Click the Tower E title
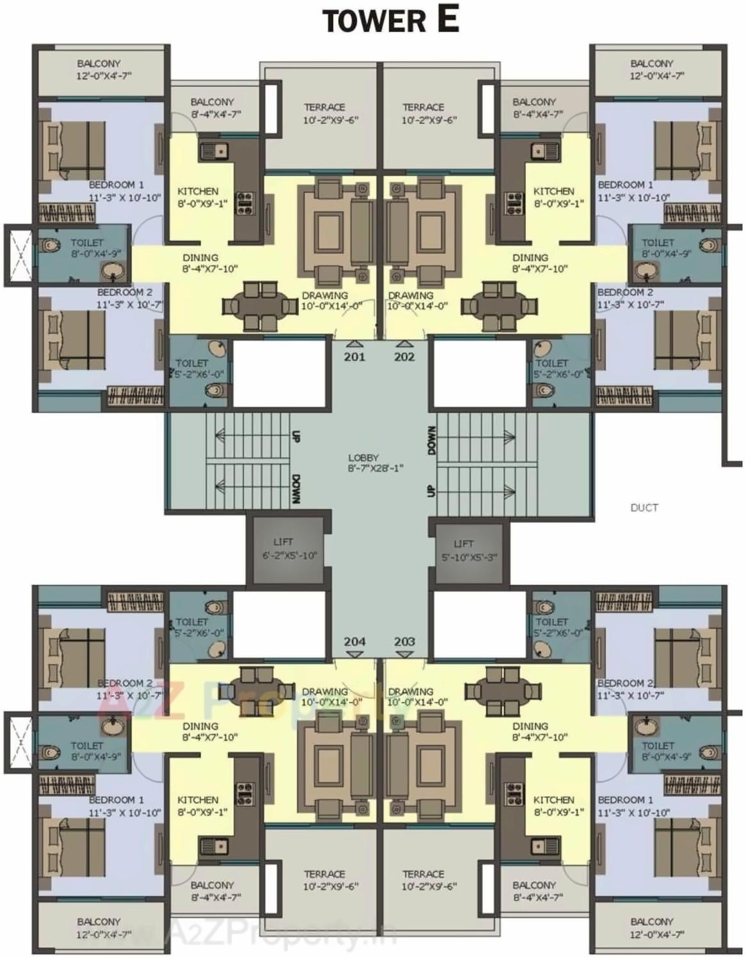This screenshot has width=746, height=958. (x=390, y=20)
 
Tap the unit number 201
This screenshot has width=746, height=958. (x=354, y=357)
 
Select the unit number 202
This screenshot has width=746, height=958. (x=404, y=357)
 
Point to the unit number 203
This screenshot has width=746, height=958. (x=404, y=641)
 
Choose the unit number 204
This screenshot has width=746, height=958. (x=354, y=641)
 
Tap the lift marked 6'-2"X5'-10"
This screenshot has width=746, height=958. (x=289, y=548)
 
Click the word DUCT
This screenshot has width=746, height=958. (x=644, y=507)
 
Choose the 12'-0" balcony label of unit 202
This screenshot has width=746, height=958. (x=652, y=69)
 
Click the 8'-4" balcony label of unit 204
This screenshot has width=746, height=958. (x=212, y=891)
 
